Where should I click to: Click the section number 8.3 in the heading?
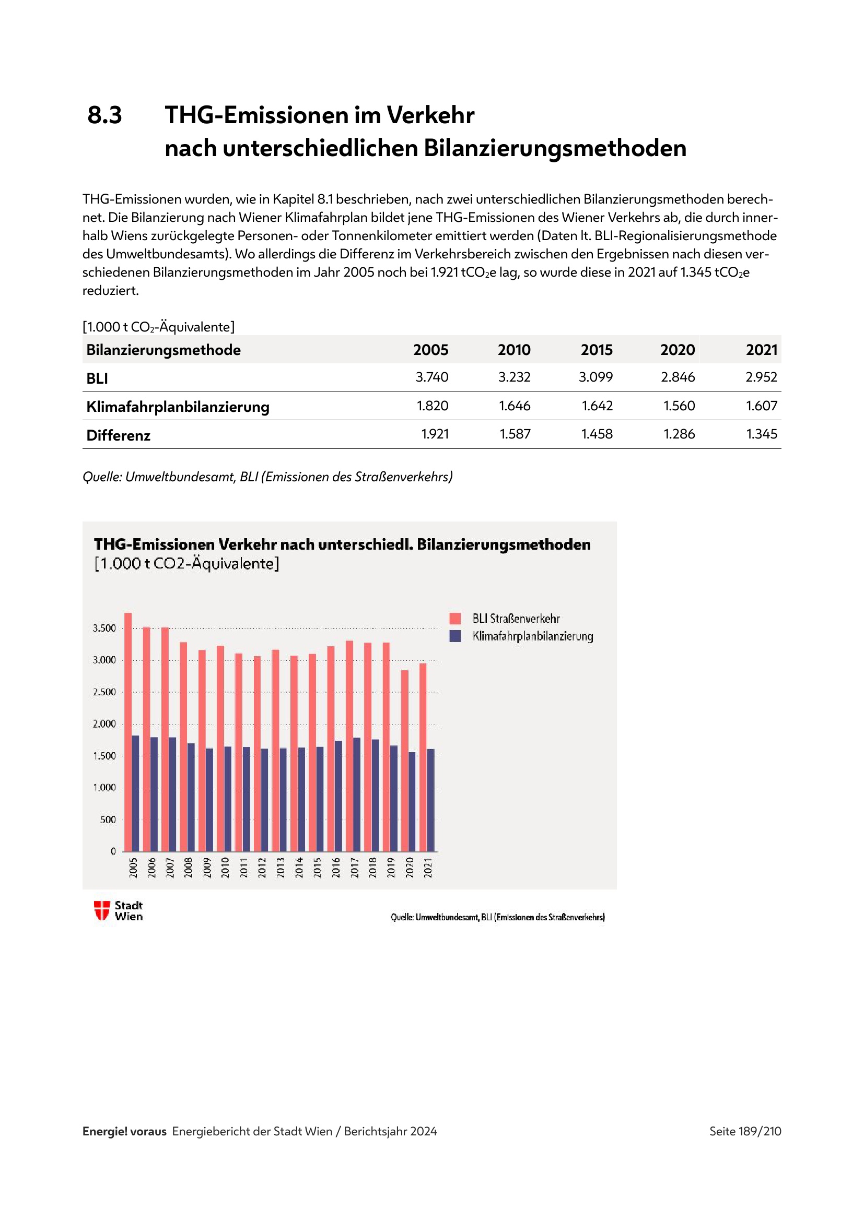coord(104,115)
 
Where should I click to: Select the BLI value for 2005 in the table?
coord(431,377)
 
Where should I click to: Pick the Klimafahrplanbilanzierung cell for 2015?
coord(597,406)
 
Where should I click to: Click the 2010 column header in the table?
coord(514,350)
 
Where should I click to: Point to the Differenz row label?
coord(118,435)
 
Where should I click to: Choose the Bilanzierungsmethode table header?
coord(164,350)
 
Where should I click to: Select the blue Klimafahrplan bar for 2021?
coord(431,800)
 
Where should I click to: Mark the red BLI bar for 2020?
coord(405,761)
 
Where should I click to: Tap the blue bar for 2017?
coord(357,795)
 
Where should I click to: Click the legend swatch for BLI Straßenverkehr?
coord(455,618)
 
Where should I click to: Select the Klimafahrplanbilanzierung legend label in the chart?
coord(532,636)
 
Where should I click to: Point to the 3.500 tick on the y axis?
coord(104,628)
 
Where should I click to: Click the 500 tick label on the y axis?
coord(108,820)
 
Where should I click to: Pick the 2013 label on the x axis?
coord(281,868)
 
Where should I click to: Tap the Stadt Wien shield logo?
coord(102,910)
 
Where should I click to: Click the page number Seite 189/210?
coord(745,1131)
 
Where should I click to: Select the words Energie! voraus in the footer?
coord(124,1131)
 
